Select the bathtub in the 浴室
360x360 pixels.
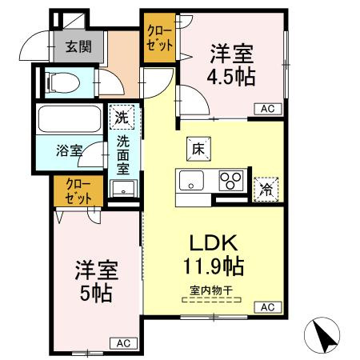point(67,121)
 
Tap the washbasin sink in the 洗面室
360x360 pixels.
point(123,190)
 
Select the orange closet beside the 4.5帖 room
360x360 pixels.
point(159,38)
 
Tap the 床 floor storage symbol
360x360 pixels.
point(198,148)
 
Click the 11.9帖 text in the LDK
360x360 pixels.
point(212,263)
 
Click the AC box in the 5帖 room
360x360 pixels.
point(123,343)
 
